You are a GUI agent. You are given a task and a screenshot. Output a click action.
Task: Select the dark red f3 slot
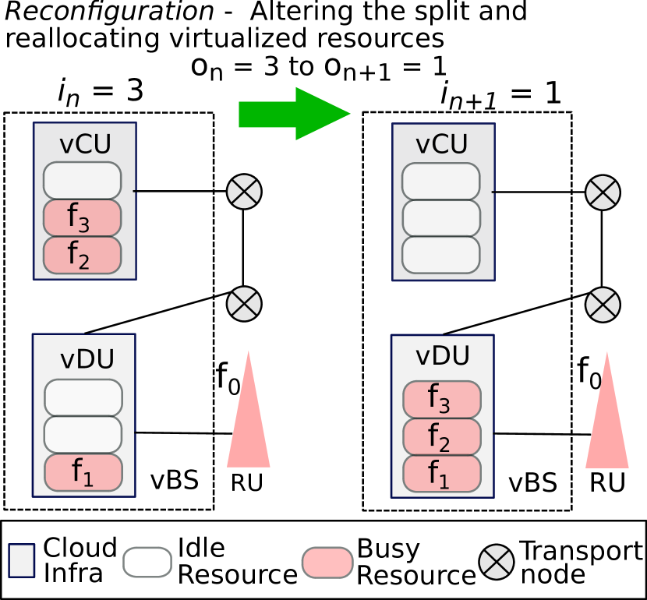click(x=82, y=218)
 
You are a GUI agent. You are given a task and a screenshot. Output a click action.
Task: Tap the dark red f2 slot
click(x=82, y=255)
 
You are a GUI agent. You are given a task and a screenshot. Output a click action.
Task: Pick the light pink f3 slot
click(x=441, y=400)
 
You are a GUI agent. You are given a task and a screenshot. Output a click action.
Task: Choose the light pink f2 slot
click(x=441, y=436)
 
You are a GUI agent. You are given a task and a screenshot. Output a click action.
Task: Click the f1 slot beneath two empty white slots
click(x=83, y=472)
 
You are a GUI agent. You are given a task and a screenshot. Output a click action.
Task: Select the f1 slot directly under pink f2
click(x=441, y=474)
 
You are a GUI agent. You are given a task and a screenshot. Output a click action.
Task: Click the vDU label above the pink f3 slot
click(x=442, y=356)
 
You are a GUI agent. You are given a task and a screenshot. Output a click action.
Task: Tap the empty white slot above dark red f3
click(x=82, y=181)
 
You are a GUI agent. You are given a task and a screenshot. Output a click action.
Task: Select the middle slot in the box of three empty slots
click(x=441, y=218)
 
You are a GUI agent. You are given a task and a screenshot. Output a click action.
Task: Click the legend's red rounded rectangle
click(x=327, y=562)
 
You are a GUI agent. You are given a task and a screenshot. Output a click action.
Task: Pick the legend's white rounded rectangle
click(x=147, y=562)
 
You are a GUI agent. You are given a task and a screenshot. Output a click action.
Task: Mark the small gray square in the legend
click(x=22, y=560)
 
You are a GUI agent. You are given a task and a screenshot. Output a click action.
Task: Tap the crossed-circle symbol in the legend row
click(x=497, y=562)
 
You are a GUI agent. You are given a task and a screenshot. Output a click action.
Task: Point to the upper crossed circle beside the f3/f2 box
click(x=244, y=192)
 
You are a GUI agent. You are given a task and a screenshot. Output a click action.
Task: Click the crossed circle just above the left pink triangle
click(x=244, y=304)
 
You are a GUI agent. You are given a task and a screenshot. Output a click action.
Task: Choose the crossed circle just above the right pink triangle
click(x=603, y=305)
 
